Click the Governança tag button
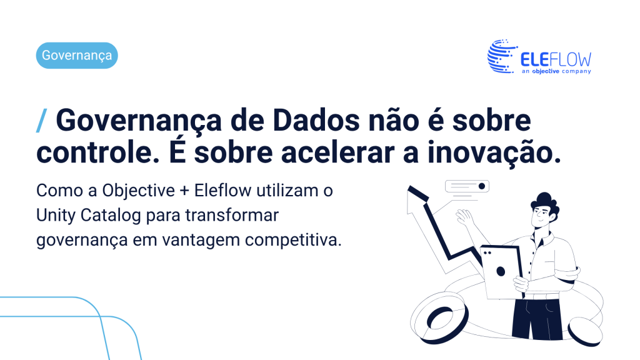pos(77,55)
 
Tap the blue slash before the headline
pos(42,121)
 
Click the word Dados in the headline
pos(316,121)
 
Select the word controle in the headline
pos(98,152)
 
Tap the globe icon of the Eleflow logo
pos(501,56)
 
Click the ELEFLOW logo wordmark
pos(556,59)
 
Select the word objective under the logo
pos(546,71)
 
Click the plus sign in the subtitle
pos(184,191)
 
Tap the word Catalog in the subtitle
pos(111,216)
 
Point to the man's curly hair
pos(546,202)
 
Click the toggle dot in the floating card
pos(482,186)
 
